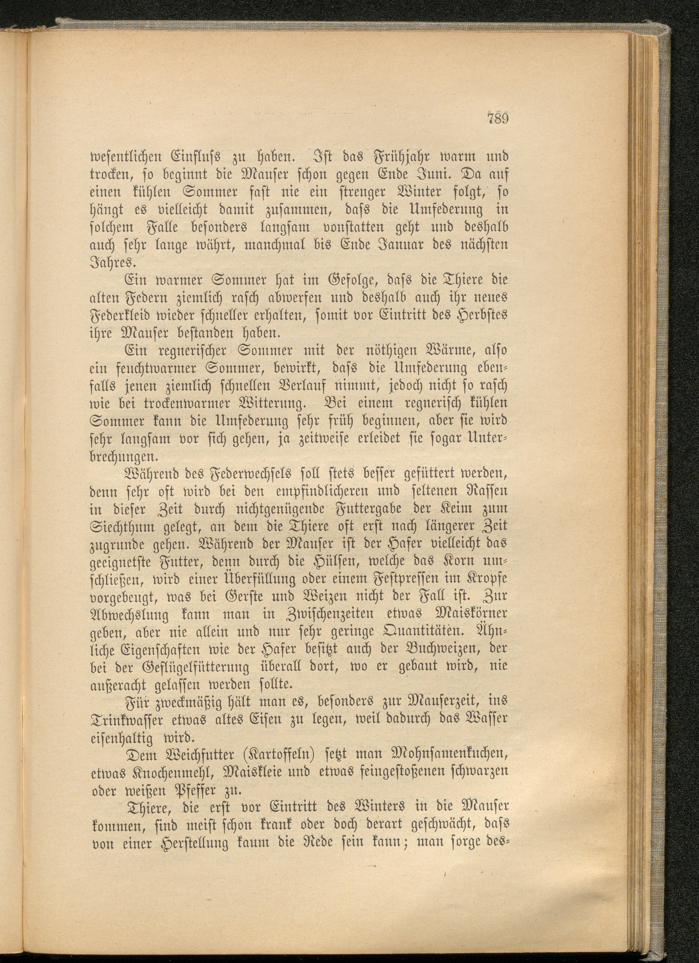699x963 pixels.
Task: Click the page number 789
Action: coord(497,117)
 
